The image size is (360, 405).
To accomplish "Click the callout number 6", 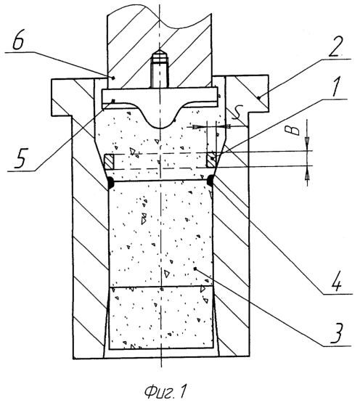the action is (x=18, y=42).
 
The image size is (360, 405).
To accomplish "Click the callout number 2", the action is (x=336, y=46).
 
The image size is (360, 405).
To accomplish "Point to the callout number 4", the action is (x=335, y=282).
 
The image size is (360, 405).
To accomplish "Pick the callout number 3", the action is (x=336, y=333).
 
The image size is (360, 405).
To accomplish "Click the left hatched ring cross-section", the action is (x=108, y=162).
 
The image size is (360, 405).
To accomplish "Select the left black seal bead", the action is (x=110, y=182).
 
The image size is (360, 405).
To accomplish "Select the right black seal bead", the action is (x=210, y=181).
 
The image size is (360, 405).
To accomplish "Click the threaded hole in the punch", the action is (x=160, y=68).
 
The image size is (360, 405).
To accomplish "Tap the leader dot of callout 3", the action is (x=195, y=269).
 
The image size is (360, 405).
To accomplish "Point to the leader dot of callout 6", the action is (x=112, y=78).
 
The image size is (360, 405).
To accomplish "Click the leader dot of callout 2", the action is (x=259, y=98).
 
